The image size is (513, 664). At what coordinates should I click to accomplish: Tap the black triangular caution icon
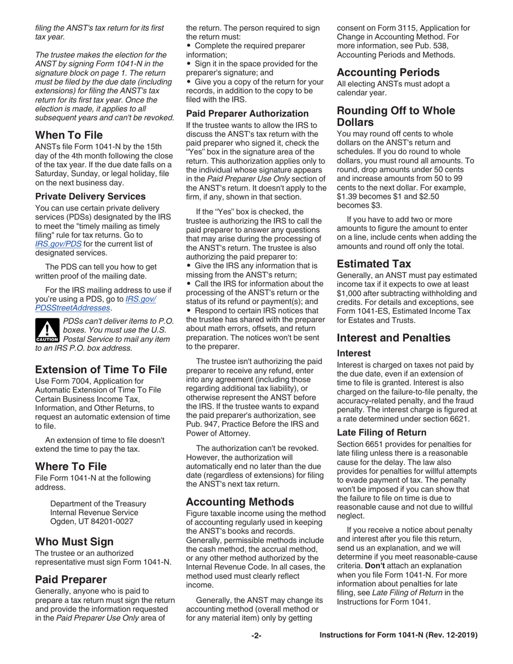(x=47, y=330)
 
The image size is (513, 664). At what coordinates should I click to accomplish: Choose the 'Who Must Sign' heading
(x=74, y=541)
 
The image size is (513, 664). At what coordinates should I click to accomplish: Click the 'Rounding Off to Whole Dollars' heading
(x=396, y=116)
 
